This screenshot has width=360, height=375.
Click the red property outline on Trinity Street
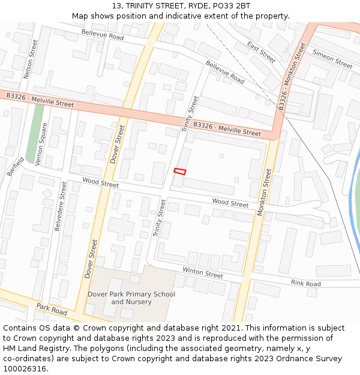click(x=180, y=172)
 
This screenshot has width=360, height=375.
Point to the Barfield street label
click(x=16, y=166)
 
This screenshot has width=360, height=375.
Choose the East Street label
click(x=261, y=52)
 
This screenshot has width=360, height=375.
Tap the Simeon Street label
click(x=332, y=59)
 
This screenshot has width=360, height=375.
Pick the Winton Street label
click(x=203, y=273)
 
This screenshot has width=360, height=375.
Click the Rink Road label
click(x=305, y=283)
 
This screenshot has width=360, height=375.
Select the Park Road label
click(x=51, y=310)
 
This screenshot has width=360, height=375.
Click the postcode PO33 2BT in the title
click(x=228, y=6)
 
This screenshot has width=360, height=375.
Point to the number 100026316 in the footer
click(x=25, y=369)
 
